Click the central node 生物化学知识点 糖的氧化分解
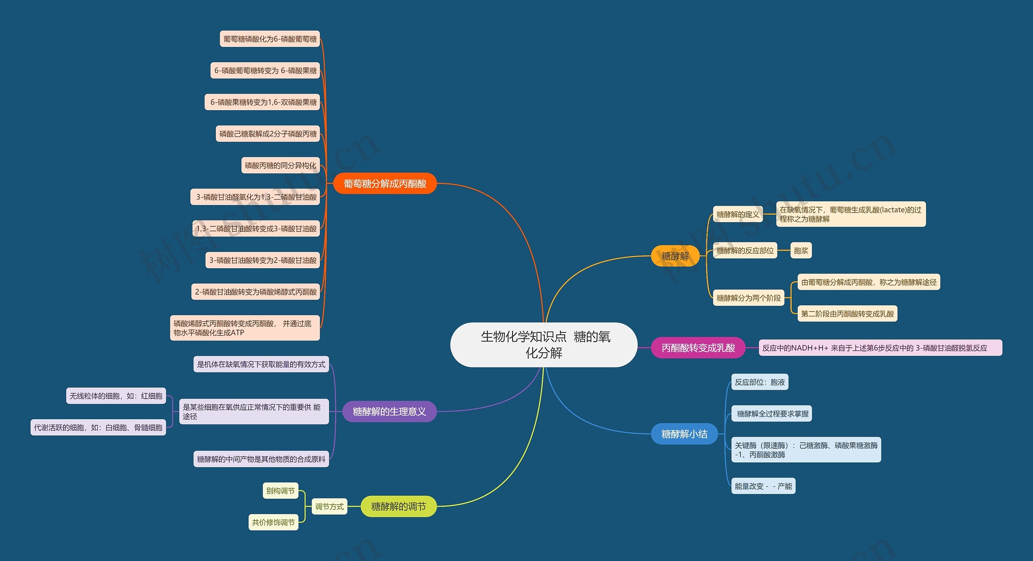[x=544, y=345]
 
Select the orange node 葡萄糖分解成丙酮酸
[x=385, y=184]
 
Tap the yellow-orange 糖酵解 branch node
[x=675, y=256]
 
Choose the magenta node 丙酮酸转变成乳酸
[x=698, y=348]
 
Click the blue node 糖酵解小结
[x=684, y=434]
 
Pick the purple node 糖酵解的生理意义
[x=389, y=412]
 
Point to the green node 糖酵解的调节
[x=398, y=506]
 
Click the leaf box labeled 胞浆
[x=801, y=250]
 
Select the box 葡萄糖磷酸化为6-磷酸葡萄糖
[x=270, y=39]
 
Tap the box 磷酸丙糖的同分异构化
[x=280, y=165]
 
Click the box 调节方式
[x=329, y=506]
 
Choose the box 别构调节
[x=280, y=491]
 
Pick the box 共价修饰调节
[x=274, y=522]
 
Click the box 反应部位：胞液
[x=760, y=382]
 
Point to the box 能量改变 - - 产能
[x=763, y=486]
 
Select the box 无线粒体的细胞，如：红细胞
[x=116, y=396]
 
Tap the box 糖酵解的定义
[x=738, y=214]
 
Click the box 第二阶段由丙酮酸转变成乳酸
[x=847, y=313]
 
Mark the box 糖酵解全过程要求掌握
[x=772, y=414]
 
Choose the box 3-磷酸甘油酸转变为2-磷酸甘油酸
[x=263, y=260]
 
